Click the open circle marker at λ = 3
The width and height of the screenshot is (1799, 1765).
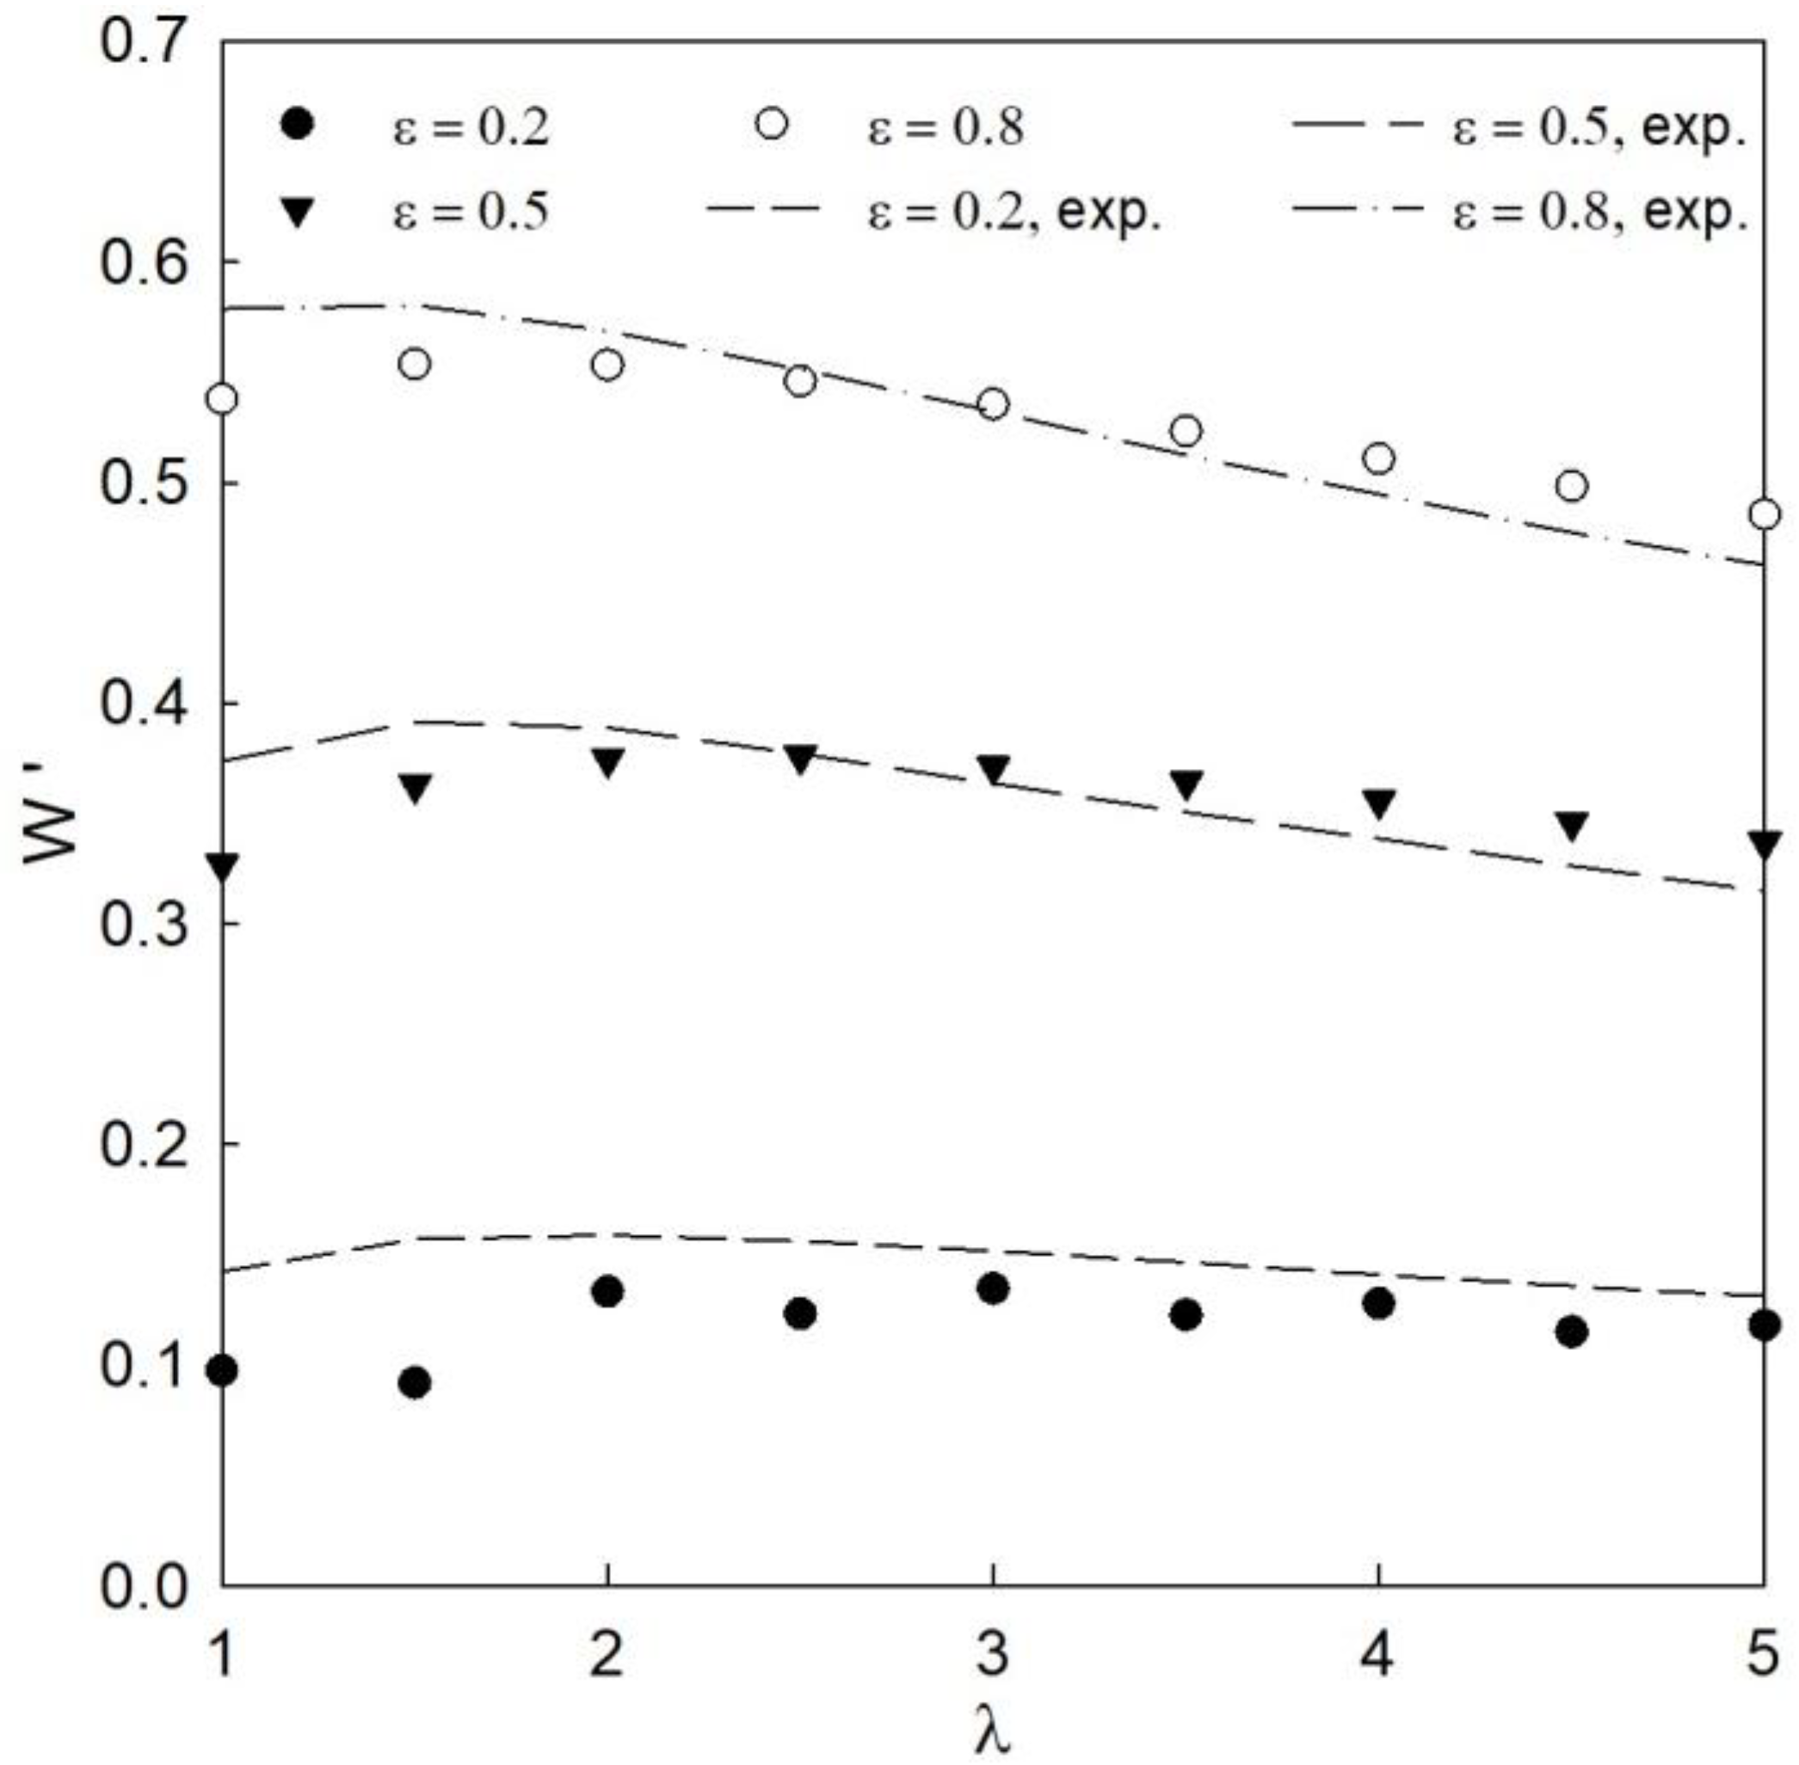click(x=992, y=404)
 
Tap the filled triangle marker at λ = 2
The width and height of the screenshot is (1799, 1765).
click(x=607, y=763)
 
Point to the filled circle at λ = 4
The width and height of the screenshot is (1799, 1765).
click(x=1379, y=1303)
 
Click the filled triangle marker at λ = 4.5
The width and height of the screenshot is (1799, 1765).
click(x=1572, y=825)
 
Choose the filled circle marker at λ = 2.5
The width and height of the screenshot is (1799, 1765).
click(x=800, y=1313)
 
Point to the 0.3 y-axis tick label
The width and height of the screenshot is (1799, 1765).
click(x=142, y=923)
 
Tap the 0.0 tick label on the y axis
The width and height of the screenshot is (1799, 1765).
click(x=142, y=1586)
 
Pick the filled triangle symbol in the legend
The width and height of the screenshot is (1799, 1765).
click(x=298, y=214)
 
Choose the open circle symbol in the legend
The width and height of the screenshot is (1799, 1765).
click(x=771, y=123)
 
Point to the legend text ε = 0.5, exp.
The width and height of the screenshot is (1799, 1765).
click(x=1599, y=127)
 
